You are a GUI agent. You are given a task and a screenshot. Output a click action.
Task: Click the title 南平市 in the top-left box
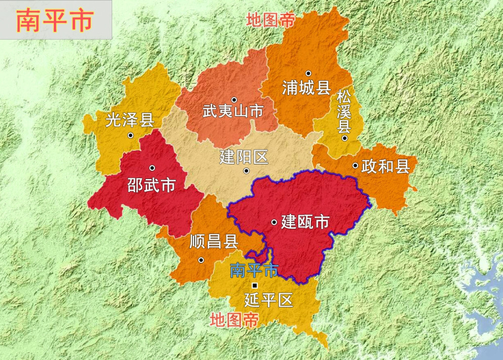point(55,21)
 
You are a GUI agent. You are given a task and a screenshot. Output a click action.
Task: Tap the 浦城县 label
point(306,88)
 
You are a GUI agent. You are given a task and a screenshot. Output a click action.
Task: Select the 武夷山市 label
point(233,111)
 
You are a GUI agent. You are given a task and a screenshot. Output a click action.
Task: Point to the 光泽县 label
point(129,120)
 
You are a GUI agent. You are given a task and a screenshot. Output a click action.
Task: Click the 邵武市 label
point(151,185)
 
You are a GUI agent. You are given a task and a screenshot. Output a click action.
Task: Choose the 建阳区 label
point(244,157)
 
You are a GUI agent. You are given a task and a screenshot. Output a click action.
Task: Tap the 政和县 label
point(385,166)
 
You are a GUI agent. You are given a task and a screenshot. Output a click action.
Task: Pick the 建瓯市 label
point(305,222)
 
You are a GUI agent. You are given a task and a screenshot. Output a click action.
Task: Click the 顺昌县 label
point(214,242)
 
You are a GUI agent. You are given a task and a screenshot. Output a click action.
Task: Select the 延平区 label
point(268,301)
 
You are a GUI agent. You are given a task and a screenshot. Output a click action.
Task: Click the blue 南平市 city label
point(254,271)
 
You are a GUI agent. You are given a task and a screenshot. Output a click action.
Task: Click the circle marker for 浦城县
point(308,73)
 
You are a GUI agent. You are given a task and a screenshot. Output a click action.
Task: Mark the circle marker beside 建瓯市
point(274,222)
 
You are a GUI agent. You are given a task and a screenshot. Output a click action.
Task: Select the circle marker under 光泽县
point(130,135)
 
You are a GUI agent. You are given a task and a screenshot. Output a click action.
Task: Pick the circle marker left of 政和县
point(355,165)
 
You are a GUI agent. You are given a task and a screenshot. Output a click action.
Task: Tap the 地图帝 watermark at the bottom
point(234,320)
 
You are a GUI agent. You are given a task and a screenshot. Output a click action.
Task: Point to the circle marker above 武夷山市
point(234,100)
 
